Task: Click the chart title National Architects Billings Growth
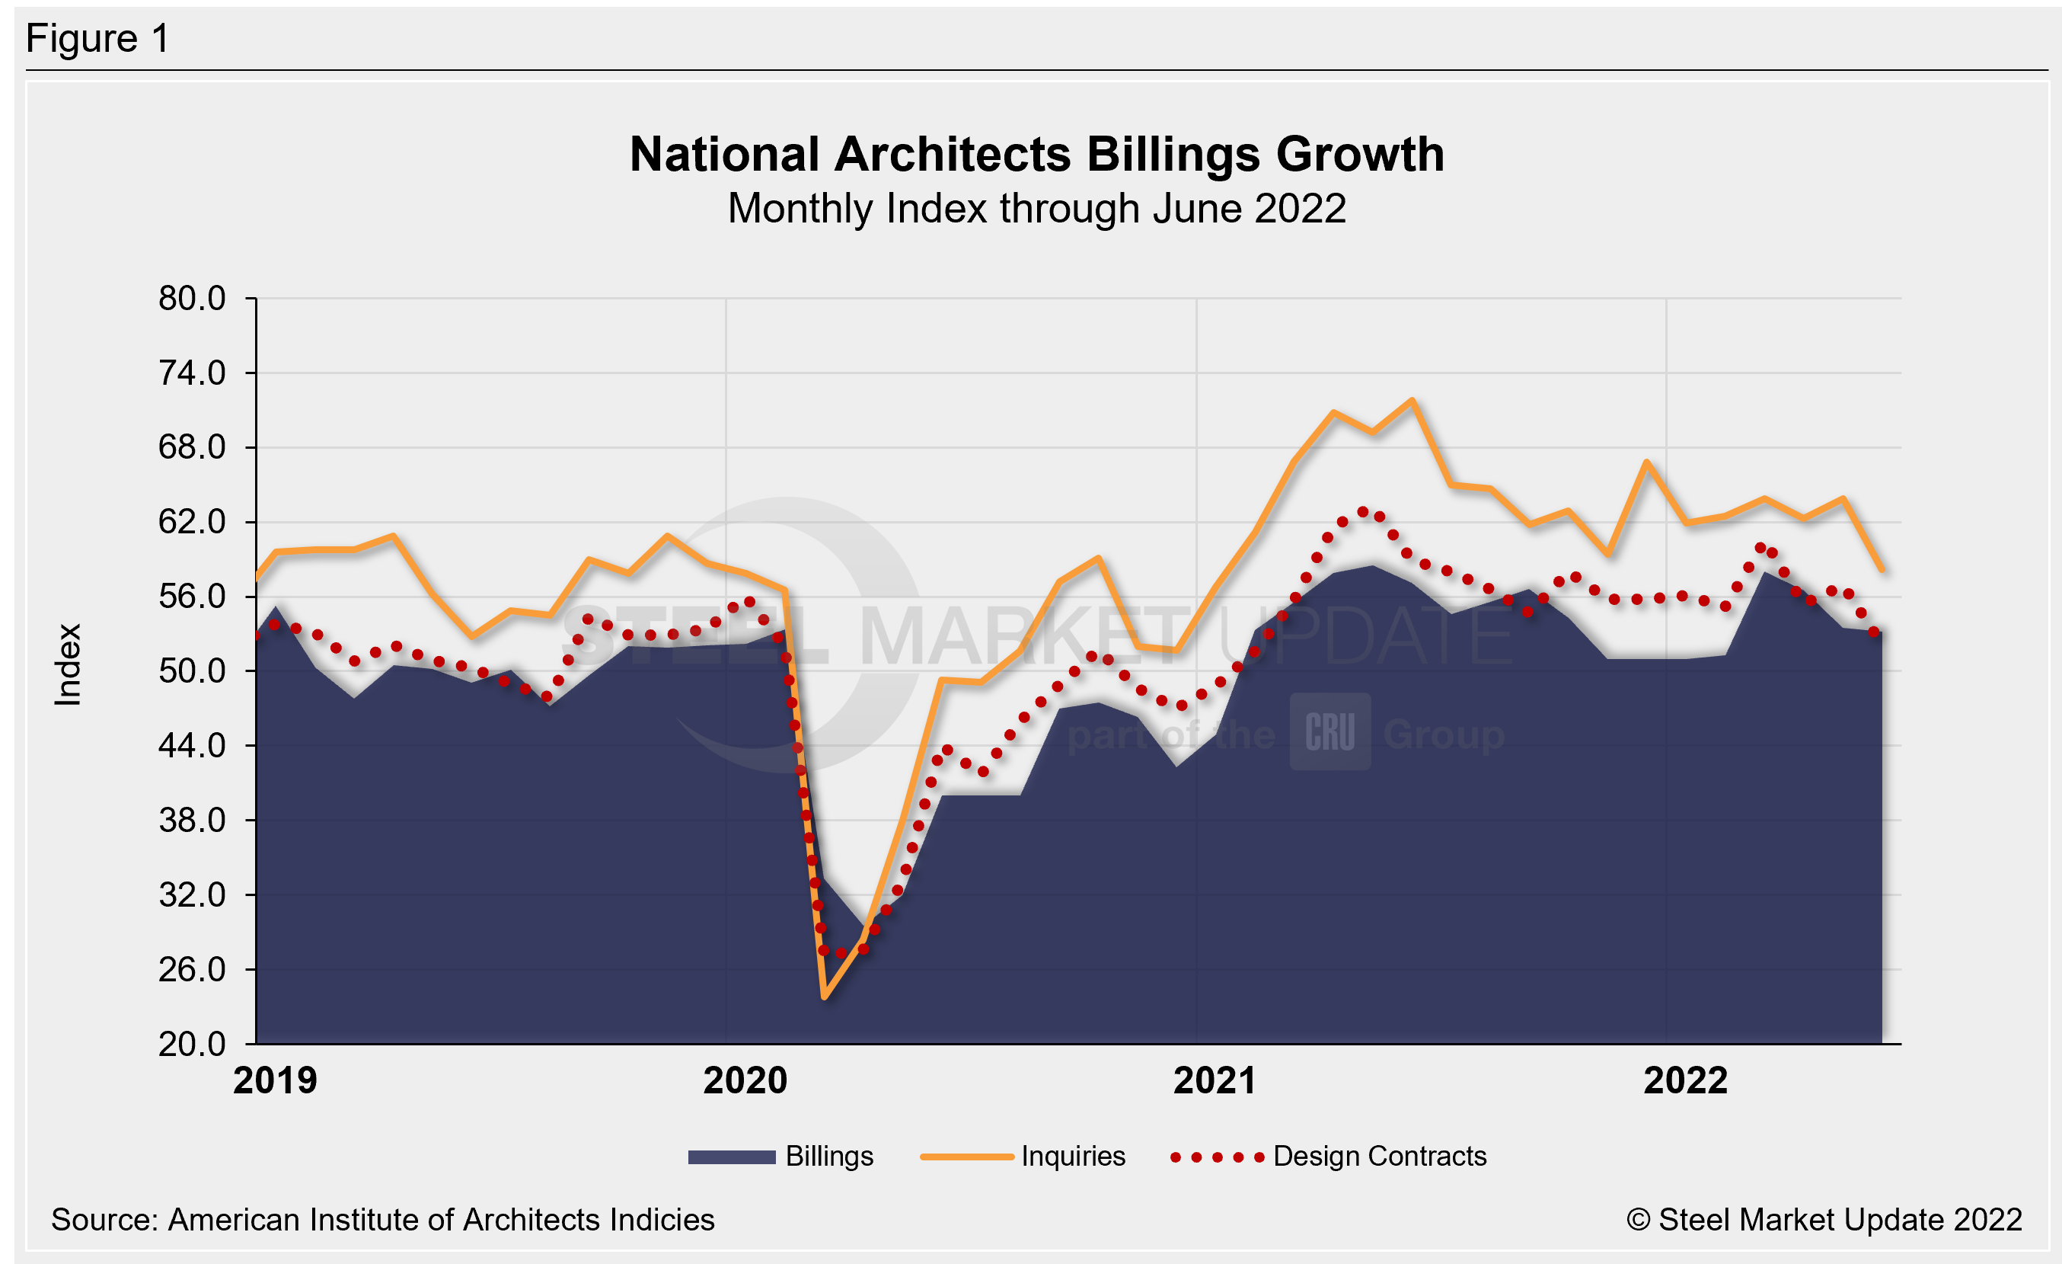[1037, 155]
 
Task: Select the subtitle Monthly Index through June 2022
[1037, 209]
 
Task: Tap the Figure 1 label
[98, 39]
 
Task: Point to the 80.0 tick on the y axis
[192, 299]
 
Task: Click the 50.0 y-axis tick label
[192, 671]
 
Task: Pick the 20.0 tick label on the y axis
[192, 1045]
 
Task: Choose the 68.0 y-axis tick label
[192, 448]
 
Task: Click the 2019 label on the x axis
[276, 1080]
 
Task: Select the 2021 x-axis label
[1215, 1080]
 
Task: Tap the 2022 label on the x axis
[1685, 1080]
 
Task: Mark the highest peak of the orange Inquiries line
[1412, 400]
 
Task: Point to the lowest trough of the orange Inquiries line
[825, 997]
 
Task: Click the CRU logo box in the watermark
[1329, 731]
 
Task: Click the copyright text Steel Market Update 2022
[1824, 1220]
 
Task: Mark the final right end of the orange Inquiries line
[1882, 570]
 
